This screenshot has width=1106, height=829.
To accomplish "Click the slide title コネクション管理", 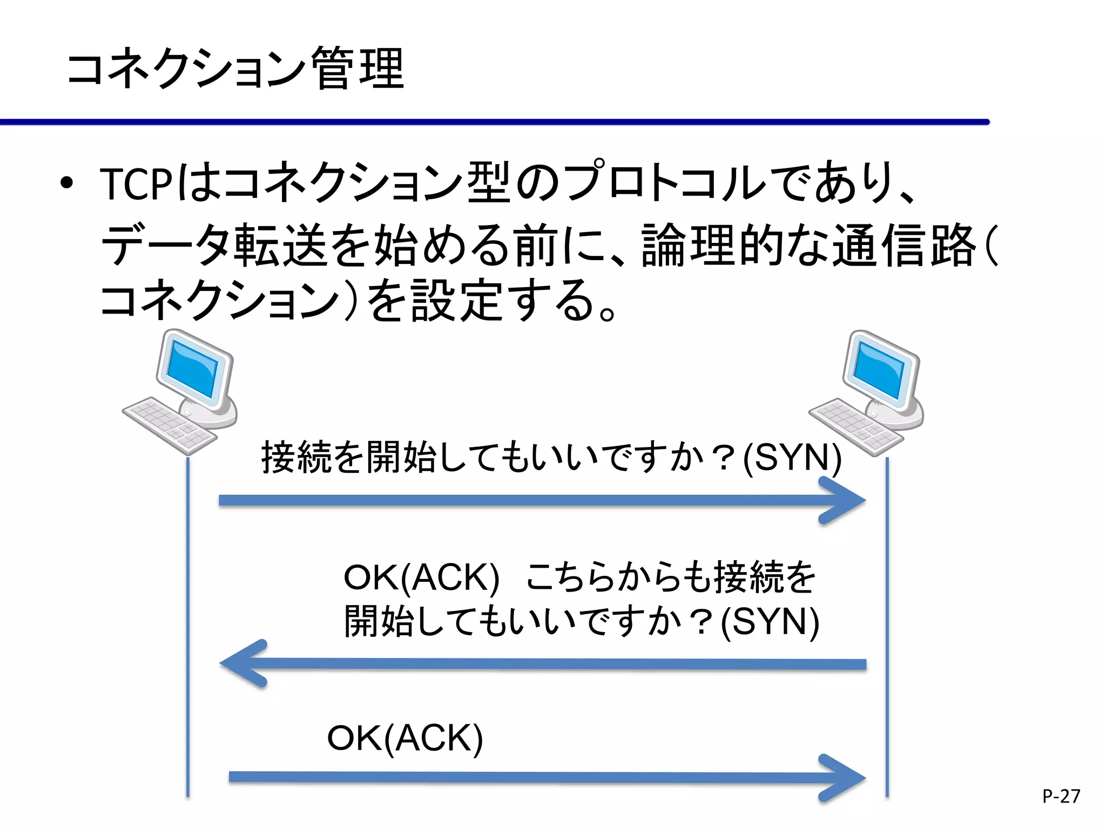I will pyautogui.click(x=235, y=69).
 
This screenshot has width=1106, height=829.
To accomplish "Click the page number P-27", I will pyautogui.click(x=1061, y=796).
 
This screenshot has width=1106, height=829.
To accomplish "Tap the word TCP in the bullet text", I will pyautogui.click(x=136, y=184).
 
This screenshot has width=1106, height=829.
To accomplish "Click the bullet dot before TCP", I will pyautogui.click(x=66, y=184).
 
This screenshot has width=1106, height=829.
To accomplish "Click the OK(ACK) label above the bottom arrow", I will pyautogui.click(x=405, y=738).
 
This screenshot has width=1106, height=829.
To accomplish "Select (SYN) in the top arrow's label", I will pyautogui.click(x=792, y=458).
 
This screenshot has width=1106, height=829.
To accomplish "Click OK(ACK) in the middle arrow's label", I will pyautogui.click(x=421, y=577).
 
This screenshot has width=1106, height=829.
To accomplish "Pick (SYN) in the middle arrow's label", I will pyautogui.click(x=770, y=621).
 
